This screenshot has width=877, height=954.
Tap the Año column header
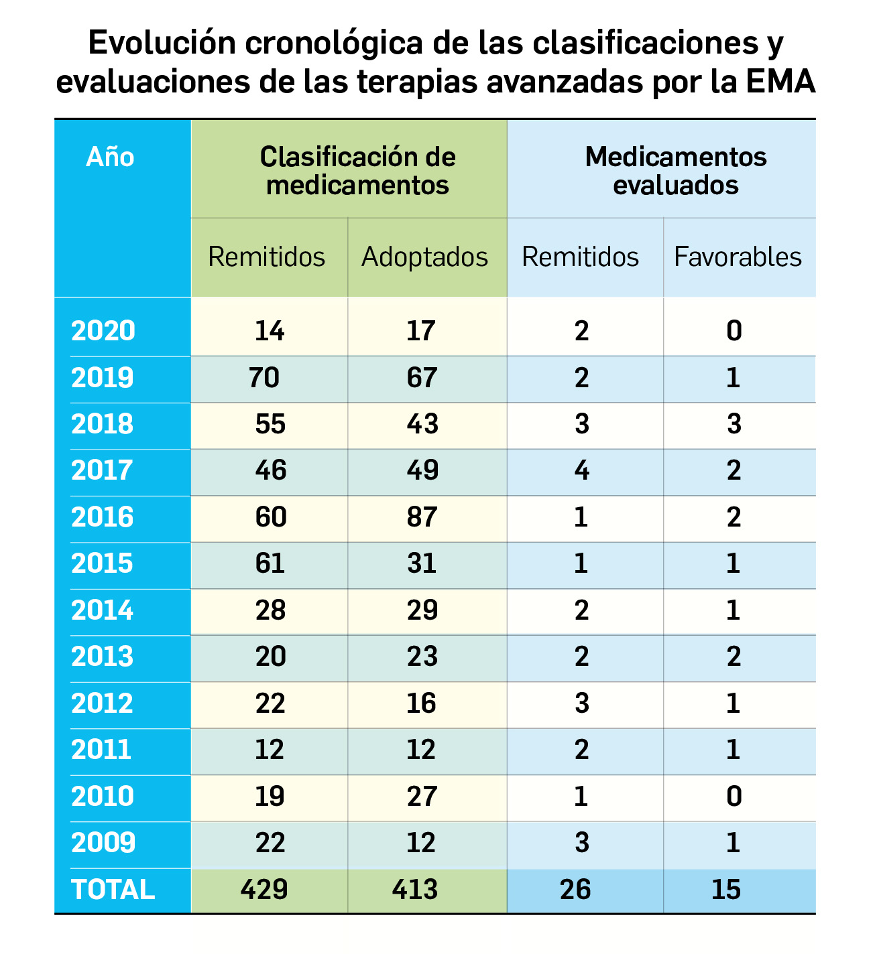click(111, 157)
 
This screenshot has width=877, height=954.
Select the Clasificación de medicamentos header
click(357, 171)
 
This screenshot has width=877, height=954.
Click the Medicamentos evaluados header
click(675, 171)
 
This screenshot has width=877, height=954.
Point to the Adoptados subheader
click(424, 257)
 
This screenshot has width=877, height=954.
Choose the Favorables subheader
click(738, 257)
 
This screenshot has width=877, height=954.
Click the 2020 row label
click(103, 331)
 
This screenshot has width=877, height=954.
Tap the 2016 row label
click(103, 517)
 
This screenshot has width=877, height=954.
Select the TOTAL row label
click(113, 890)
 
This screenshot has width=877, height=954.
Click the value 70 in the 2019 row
click(264, 378)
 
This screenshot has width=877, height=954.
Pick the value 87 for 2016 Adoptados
click(422, 517)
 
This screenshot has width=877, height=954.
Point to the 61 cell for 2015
click(270, 563)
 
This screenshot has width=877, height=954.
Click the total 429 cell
click(264, 890)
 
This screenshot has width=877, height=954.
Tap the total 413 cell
click(415, 890)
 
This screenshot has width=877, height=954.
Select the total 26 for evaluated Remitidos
click(575, 890)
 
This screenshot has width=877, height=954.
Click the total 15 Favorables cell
click(726, 890)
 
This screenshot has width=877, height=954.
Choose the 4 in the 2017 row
click(581, 470)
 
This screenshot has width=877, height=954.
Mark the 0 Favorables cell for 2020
click(734, 331)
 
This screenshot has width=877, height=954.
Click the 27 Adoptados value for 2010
click(422, 797)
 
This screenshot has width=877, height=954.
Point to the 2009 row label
click(103, 843)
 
